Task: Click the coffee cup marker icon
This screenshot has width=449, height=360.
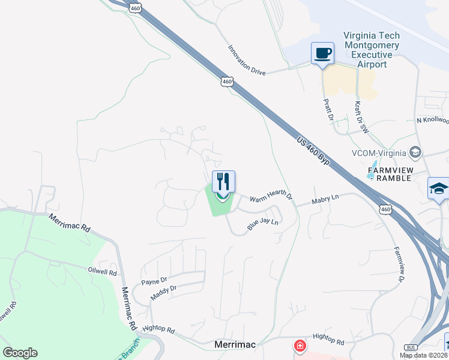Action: [322, 53]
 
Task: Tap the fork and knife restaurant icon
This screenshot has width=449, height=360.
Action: [223, 181]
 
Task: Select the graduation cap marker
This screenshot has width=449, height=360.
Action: [439, 188]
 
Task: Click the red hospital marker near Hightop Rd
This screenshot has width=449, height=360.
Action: [299, 346]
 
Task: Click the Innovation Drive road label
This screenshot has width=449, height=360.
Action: [246, 60]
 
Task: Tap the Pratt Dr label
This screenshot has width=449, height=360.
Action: [328, 110]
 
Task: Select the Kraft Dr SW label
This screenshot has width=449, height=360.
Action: [360, 116]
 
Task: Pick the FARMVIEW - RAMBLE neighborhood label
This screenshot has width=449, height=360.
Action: [390, 174]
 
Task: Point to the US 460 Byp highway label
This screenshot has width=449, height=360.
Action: [314, 149]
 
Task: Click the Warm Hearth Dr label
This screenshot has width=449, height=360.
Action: [270, 197]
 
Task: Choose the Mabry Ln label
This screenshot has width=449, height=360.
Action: [325, 197]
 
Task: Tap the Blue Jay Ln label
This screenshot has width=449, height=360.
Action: [263, 224]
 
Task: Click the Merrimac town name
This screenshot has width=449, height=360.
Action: [235, 345]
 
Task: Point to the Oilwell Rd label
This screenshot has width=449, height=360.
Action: [101, 271]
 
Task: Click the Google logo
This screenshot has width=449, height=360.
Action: [20, 353]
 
